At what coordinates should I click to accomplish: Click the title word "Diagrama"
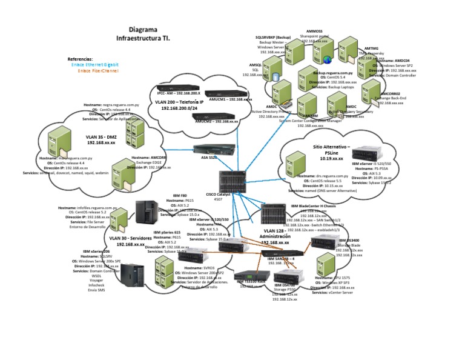[143, 28]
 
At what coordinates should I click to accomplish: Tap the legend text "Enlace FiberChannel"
[98, 70]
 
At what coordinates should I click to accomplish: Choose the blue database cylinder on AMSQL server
[276, 78]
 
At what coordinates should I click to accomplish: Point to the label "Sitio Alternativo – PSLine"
[331, 150]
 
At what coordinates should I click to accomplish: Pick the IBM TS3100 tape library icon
[251, 278]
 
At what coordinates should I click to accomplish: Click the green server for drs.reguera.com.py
[295, 164]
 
